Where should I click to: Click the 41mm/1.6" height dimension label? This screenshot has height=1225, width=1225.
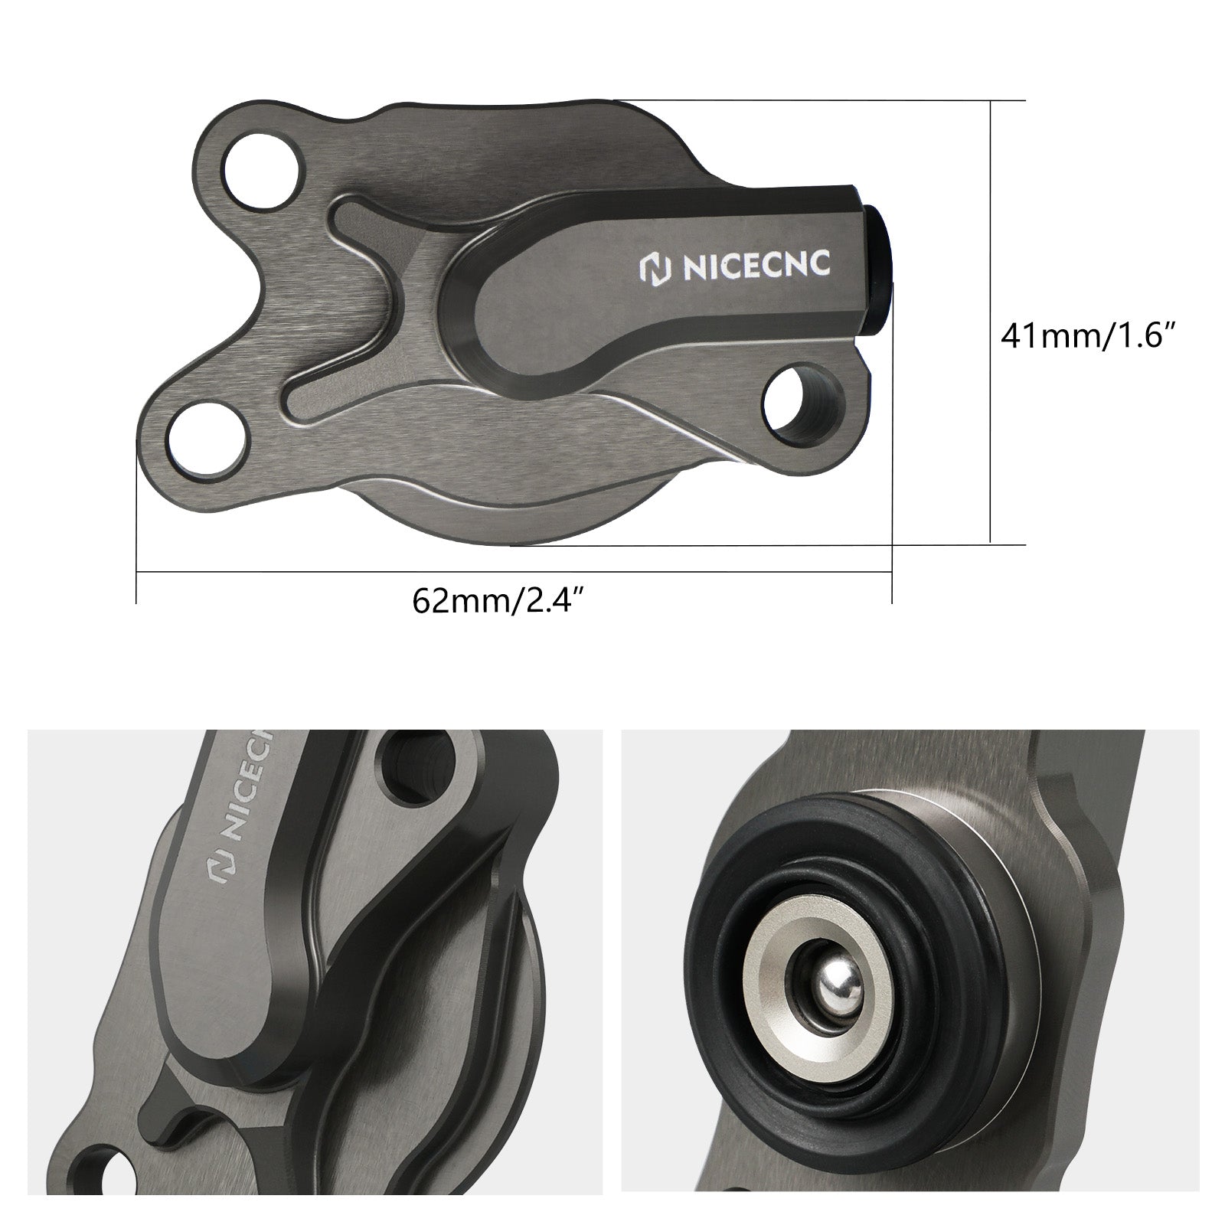tap(1087, 335)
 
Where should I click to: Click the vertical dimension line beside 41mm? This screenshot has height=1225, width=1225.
tap(991, 322)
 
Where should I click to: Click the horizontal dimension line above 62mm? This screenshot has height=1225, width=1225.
tap(513, 571)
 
